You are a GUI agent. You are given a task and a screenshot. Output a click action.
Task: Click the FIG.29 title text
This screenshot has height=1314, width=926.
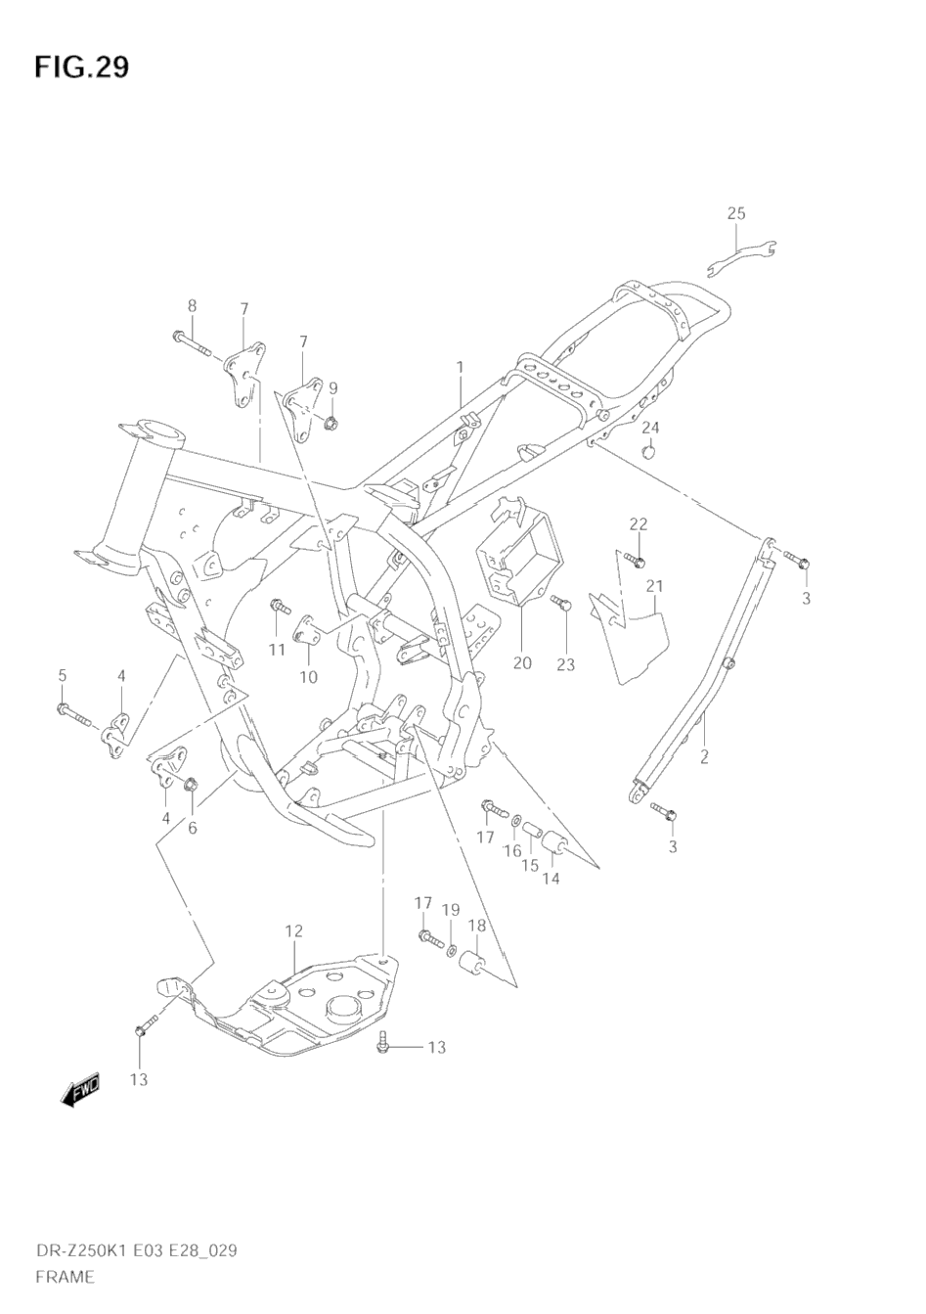tap(81, 67)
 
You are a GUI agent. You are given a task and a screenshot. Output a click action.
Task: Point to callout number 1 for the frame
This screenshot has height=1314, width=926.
tap(459, 367)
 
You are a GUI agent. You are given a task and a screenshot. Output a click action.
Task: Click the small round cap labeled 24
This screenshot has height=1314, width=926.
tap(647, 450)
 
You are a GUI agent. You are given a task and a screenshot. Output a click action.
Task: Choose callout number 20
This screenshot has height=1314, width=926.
tap(522, 663)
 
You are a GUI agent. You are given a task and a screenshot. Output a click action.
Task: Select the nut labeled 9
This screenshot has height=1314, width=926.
tap(331, 424)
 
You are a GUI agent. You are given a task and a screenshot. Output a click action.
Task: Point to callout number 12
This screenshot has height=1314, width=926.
tap(294, 930)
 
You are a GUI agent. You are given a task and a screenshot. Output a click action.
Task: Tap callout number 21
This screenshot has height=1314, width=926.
tap(654, 586)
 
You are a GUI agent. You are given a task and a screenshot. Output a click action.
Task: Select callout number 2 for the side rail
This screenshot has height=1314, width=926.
tap(703, 755)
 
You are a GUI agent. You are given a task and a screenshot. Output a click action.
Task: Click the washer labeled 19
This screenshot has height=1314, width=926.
tap(451, 948)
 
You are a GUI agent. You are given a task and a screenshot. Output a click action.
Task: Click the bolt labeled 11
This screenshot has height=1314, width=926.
tap(279, 609)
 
